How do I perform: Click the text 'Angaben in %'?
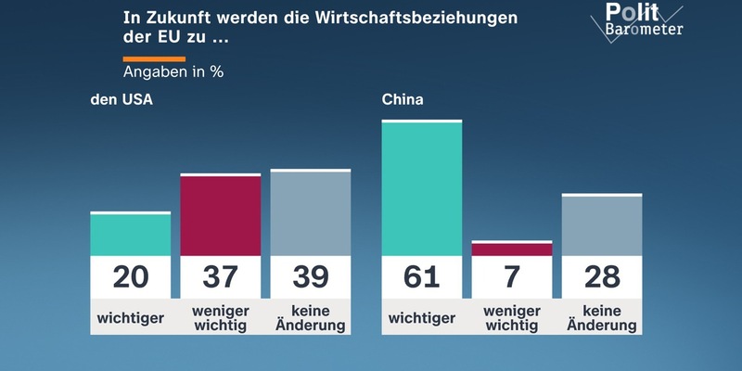tap(173, 71)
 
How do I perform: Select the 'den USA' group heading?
tap(121, 100)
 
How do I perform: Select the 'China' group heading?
tap(403, 100)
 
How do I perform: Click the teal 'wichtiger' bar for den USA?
tap(130, 235)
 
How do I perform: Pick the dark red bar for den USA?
tap(220, 215)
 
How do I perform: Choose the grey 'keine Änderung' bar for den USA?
tap(310, 213)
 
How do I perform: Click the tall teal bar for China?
tap(421, 189)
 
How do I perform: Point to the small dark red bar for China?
tap(511, 249)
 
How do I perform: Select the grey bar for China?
tap(601, 225)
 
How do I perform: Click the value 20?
tap(130, 276)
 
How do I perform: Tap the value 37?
tap(220, 276)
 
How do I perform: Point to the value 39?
tap(310, 276)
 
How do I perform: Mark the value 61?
tap(421, 276)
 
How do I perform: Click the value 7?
tap(511, 276)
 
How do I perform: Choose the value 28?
tap(601, 276)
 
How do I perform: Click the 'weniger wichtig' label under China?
tap(511, 318)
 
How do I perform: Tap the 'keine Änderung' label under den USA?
tap(310, 318)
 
